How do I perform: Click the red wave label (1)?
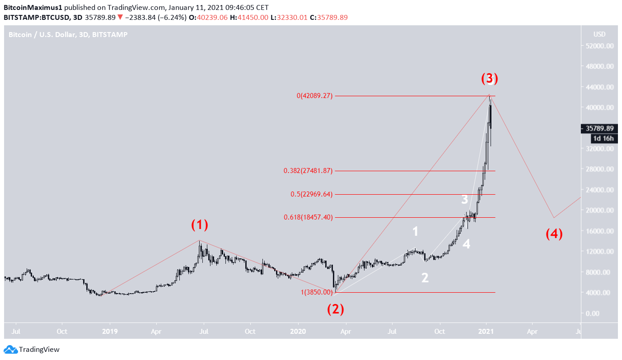tap(200, 224)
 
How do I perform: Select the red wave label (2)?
tap(336, 309)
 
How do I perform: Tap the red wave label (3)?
tap(489, 79)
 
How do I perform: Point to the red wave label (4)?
tap(554, 234)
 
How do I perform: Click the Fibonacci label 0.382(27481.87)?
tap(308, 171)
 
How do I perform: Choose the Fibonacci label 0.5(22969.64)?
tap(311, 194)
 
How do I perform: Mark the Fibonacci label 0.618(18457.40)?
tap(308, 217)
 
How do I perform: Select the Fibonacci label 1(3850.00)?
tap(317, 292)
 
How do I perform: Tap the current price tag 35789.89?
tap(599, 128)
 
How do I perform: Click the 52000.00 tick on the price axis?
tap(599, 46)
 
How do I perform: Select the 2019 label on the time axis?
tap(110, 331)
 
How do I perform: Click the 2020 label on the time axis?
tap(298, 331)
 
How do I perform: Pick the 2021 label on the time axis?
tap(486, 331)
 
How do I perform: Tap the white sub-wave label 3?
tap(464, 200)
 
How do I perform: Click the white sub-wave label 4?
tap(466, 244)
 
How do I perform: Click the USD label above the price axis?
tap(599, 34)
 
